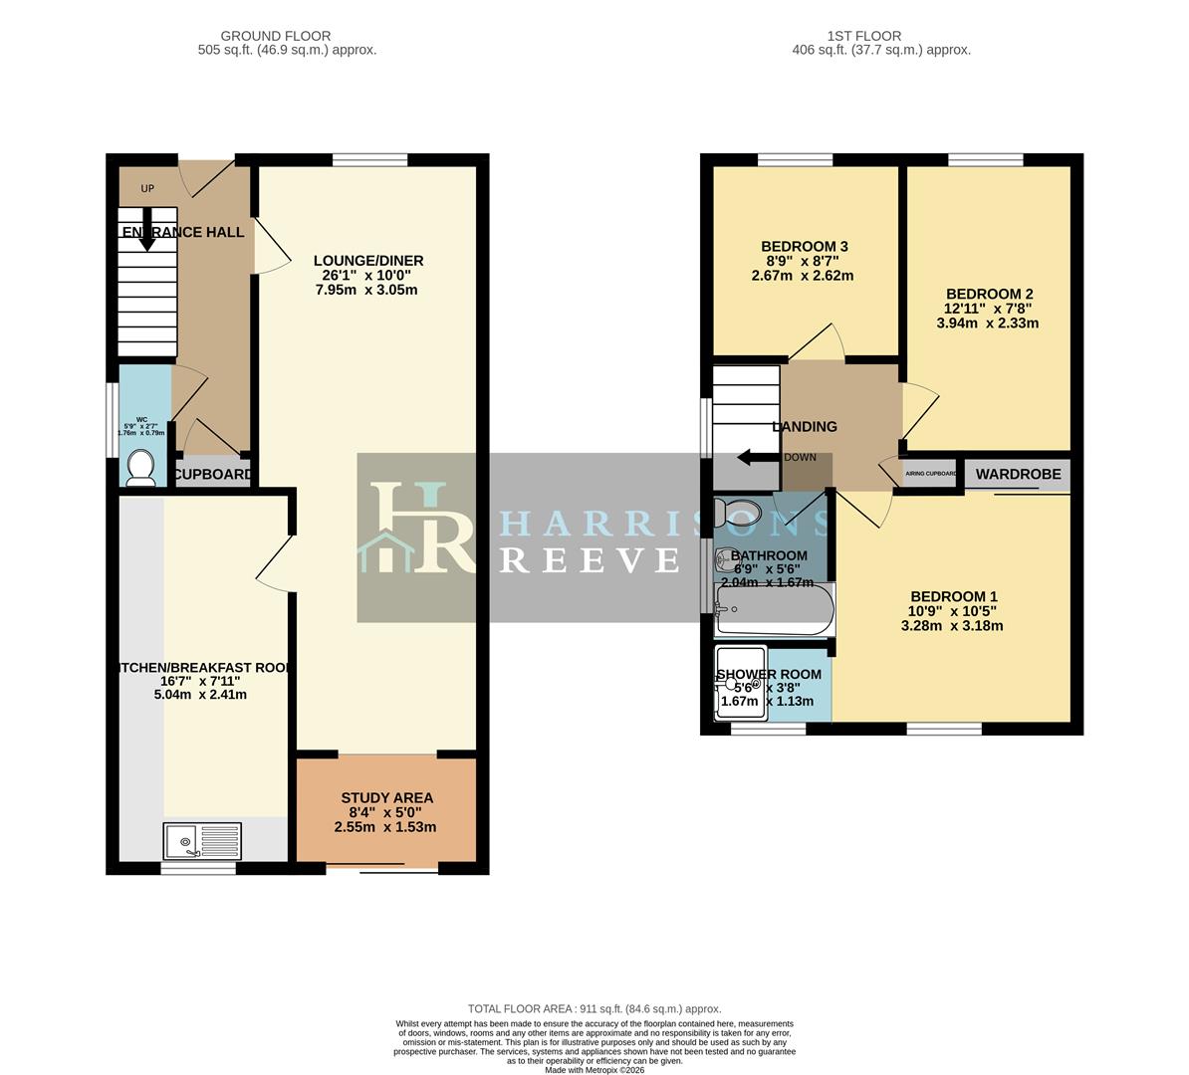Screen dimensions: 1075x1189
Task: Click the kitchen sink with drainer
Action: tap(202, 841)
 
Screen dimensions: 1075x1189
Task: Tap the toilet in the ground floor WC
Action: tap(140, 468)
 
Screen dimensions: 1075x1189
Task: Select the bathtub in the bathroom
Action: tap(774, 609)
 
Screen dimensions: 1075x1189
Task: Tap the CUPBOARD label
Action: tap(213, 475)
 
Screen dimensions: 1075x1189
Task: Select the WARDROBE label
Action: tap(1018, 475)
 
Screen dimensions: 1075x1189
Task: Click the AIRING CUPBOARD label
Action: tap(930, 475)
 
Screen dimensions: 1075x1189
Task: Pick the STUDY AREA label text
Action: tap(386, 797)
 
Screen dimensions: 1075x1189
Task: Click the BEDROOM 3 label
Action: tap(804, 247)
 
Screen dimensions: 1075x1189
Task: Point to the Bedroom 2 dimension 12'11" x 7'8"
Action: tap(989, 309)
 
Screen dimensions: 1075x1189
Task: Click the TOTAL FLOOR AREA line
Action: tap(594, 1008)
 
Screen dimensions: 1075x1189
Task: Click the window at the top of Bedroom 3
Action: tap(795, 159)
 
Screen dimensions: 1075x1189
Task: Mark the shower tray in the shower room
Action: tap(741, 682)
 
